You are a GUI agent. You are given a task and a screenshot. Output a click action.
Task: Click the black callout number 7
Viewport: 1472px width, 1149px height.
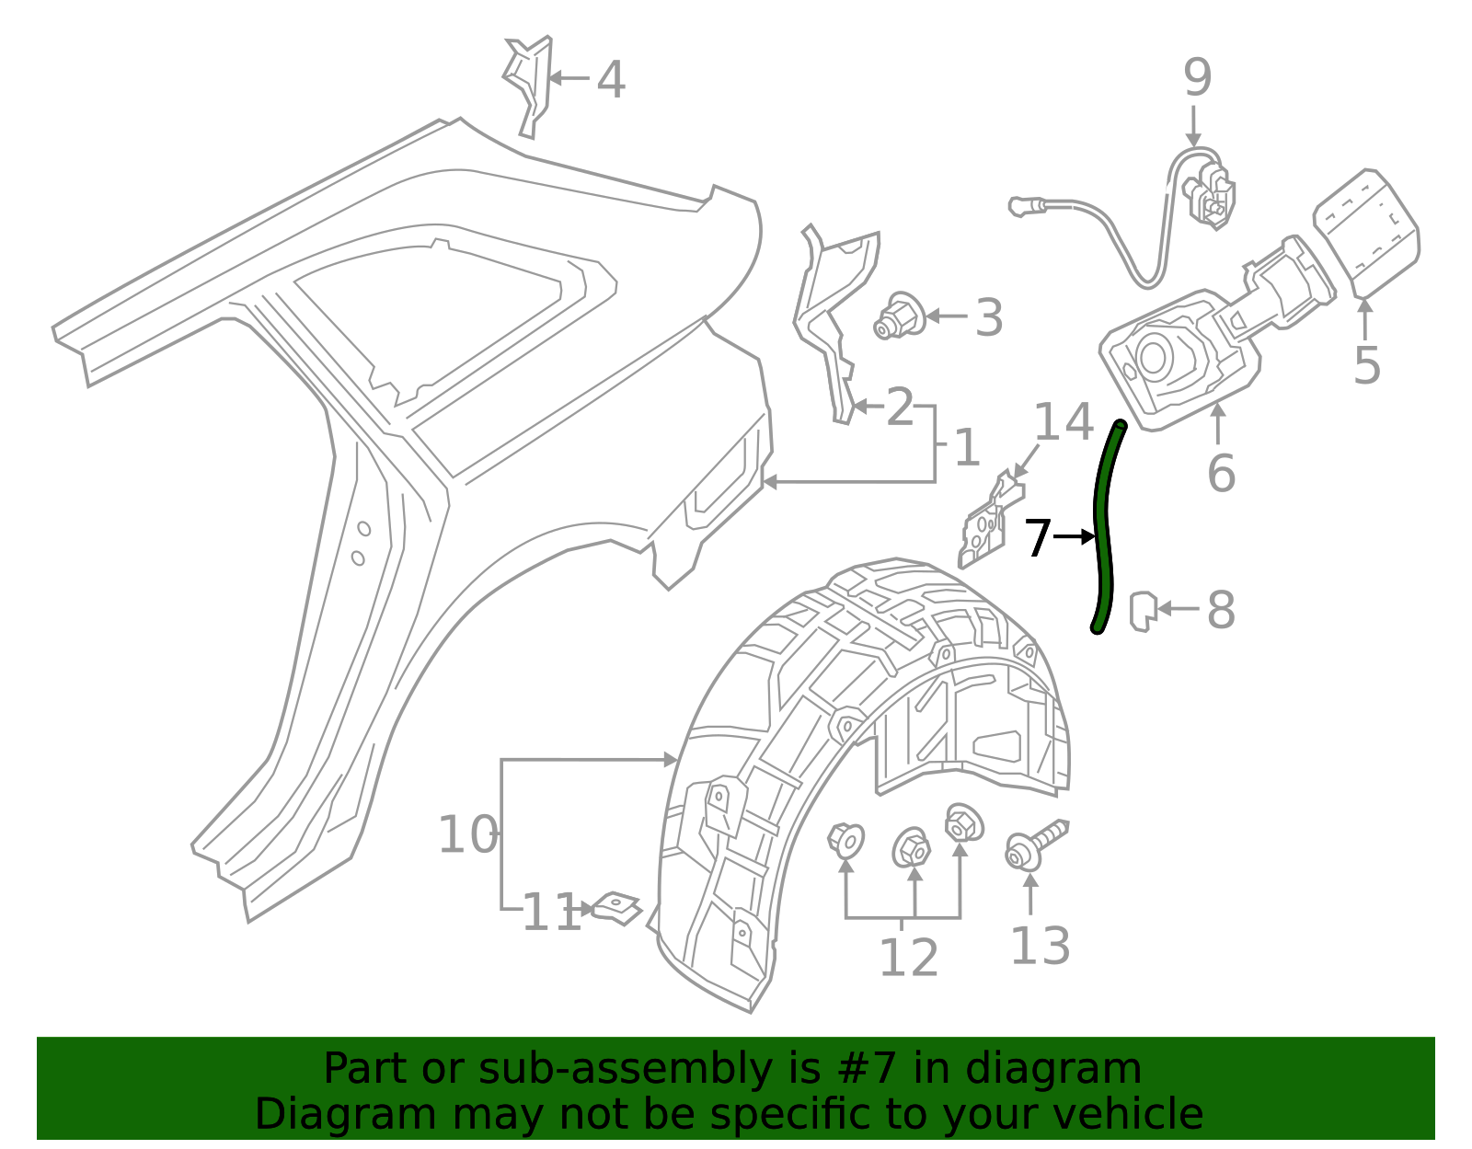pyautogui.click(x=1037, y=538)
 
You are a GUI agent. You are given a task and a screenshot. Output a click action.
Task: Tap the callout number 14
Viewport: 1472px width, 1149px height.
pyautogui.click(x=1064, y=423)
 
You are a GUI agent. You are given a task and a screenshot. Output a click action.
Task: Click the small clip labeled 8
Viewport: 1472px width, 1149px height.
pyautogui.click(x=1142, y=611)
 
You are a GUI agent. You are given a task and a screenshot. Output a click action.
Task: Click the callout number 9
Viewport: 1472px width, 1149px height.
pyautogui.click(x=1197, y=77)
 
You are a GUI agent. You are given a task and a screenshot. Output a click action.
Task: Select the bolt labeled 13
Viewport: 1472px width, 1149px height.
pyautogui.click(x=1034, y=845)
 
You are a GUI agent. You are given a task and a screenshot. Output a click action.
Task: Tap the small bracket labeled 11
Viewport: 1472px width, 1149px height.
pyautogui.click(x=615, y=908)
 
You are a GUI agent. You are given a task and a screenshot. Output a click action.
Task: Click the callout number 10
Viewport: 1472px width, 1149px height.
pyautogui.click(x=467, y=835)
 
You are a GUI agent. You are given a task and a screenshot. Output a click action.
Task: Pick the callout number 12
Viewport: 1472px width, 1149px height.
pyautogui.click(x=908, y=958)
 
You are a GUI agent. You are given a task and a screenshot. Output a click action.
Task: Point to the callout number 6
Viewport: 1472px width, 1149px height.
pyautogui.click(x=1220, y=473)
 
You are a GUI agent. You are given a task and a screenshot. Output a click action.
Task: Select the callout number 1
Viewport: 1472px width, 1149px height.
pyautogui.click(x=966, y=448)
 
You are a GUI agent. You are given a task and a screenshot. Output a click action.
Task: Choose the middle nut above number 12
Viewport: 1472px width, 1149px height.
pyautogui.click(x=911, y=847)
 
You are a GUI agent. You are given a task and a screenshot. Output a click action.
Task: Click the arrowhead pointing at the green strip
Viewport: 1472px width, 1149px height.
pyautogui.click(x=1089, y=536)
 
